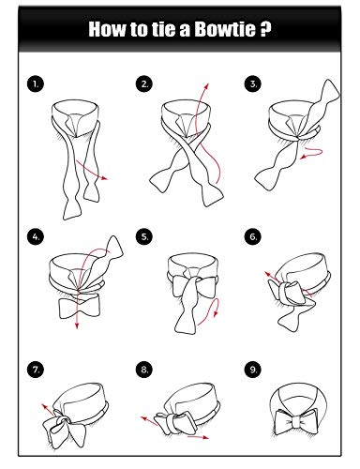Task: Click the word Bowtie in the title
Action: (225, 29)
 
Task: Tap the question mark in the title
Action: (265, 29)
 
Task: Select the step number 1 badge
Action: (36, 83)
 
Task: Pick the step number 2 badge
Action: (144, 83)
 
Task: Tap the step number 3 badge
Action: (253, 83)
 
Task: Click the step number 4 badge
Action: (36, 236)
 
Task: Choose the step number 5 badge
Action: (144, 236)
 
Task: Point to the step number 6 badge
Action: (253, 236)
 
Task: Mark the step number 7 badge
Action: (36, 370)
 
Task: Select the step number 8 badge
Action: (144, 370)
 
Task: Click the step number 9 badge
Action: (253, 370)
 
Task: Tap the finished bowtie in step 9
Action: (296, 422)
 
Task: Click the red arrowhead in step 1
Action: (105, 178)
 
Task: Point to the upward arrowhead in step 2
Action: (206, 86)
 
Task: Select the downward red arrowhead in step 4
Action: (77, 325)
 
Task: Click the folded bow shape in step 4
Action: (80, 308)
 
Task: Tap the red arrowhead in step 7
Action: (44, 406)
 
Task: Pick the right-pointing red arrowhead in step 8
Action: (205, 437)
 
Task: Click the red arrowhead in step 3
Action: (303, 158)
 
